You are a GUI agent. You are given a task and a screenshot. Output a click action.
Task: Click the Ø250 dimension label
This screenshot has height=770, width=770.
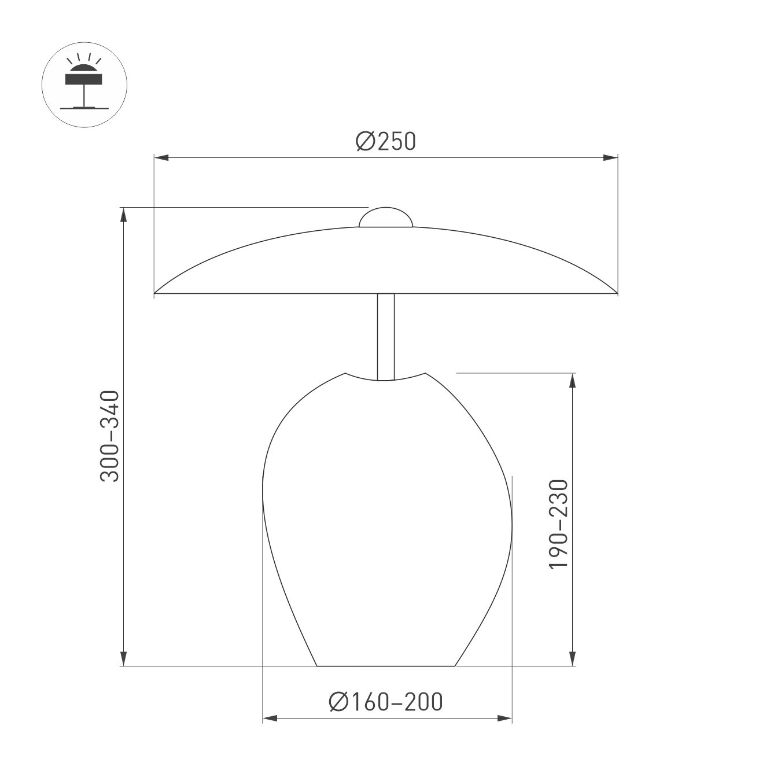coord(386,142)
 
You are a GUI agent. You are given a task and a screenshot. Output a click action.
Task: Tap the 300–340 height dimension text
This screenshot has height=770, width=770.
coord(109,436)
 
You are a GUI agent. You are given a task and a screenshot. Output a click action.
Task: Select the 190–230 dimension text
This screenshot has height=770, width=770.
coord(559,524)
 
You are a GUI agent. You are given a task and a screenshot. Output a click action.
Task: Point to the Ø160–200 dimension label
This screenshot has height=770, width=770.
coord(386,701)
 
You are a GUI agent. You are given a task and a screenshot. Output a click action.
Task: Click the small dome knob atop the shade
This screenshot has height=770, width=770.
coord(386,218)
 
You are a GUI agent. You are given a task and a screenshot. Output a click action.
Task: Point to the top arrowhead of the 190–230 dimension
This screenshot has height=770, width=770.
coord(572,381)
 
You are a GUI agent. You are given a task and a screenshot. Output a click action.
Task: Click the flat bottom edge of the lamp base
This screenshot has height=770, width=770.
coord(386,666)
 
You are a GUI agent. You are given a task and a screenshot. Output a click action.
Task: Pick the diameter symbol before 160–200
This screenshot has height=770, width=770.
coord(338,701)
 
